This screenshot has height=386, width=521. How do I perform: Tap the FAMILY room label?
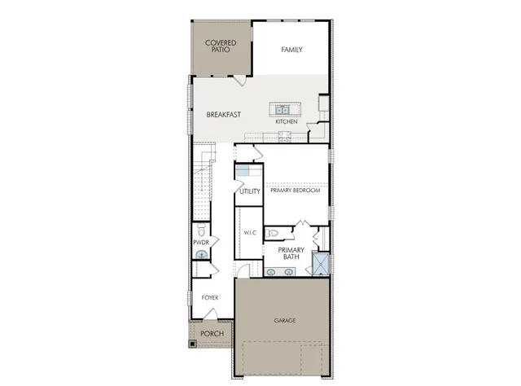291,50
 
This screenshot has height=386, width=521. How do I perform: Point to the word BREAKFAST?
223,115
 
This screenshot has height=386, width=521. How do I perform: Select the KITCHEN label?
286,121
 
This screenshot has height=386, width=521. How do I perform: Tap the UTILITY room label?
250,192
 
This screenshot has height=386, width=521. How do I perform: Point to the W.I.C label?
250,234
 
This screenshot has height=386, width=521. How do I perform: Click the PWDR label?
202,242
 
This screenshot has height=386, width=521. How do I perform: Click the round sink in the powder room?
201,255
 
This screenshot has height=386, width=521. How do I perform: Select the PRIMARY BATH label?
291,253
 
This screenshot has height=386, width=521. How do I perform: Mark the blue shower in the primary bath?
321,264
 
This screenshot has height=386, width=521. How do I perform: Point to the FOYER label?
210,298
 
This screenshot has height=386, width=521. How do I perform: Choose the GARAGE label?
284,320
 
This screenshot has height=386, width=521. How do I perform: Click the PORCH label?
211,334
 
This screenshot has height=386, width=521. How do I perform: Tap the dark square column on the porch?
193,343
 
